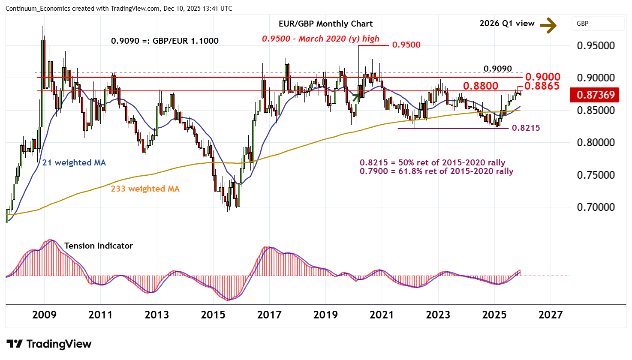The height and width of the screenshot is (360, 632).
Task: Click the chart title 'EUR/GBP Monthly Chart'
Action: click(x=325, y=24)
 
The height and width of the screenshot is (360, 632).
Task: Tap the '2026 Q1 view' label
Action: click(x=507, y=24)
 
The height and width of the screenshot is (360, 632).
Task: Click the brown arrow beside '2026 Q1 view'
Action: click(x=548, y=25)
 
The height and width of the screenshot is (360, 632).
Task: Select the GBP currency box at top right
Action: click(x=597, y=24)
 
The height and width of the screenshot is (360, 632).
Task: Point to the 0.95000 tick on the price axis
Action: click(x=596, y=46)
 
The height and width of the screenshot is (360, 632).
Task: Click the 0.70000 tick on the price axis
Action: click(x=596, y=207)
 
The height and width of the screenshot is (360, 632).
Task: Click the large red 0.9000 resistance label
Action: click(x=542, y=77)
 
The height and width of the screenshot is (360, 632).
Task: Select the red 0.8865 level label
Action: click(x=542, y=86)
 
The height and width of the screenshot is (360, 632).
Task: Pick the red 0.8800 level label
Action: click(x=480, y=86)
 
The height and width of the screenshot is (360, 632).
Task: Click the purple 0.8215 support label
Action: click(x=526, y=128)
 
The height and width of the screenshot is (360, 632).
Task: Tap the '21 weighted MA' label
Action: click(x=74, y=163)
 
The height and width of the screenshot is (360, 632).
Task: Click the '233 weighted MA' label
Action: click(x=145, y=189)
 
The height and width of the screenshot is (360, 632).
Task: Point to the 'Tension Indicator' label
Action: click(x=98, y=246)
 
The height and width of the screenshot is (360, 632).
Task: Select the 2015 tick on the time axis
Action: click(x=213, y=315)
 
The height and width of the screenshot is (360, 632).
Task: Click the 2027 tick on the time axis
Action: click(x=551, y=315)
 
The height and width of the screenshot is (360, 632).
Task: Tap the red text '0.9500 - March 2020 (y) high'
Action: click(x=321, y=39)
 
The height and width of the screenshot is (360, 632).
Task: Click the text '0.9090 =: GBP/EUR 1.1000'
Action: click(x=165, y=41)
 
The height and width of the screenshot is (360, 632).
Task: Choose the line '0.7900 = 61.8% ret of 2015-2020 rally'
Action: click(x=436, y=171)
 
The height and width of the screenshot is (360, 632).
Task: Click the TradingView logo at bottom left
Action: click(x=49, y=344)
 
